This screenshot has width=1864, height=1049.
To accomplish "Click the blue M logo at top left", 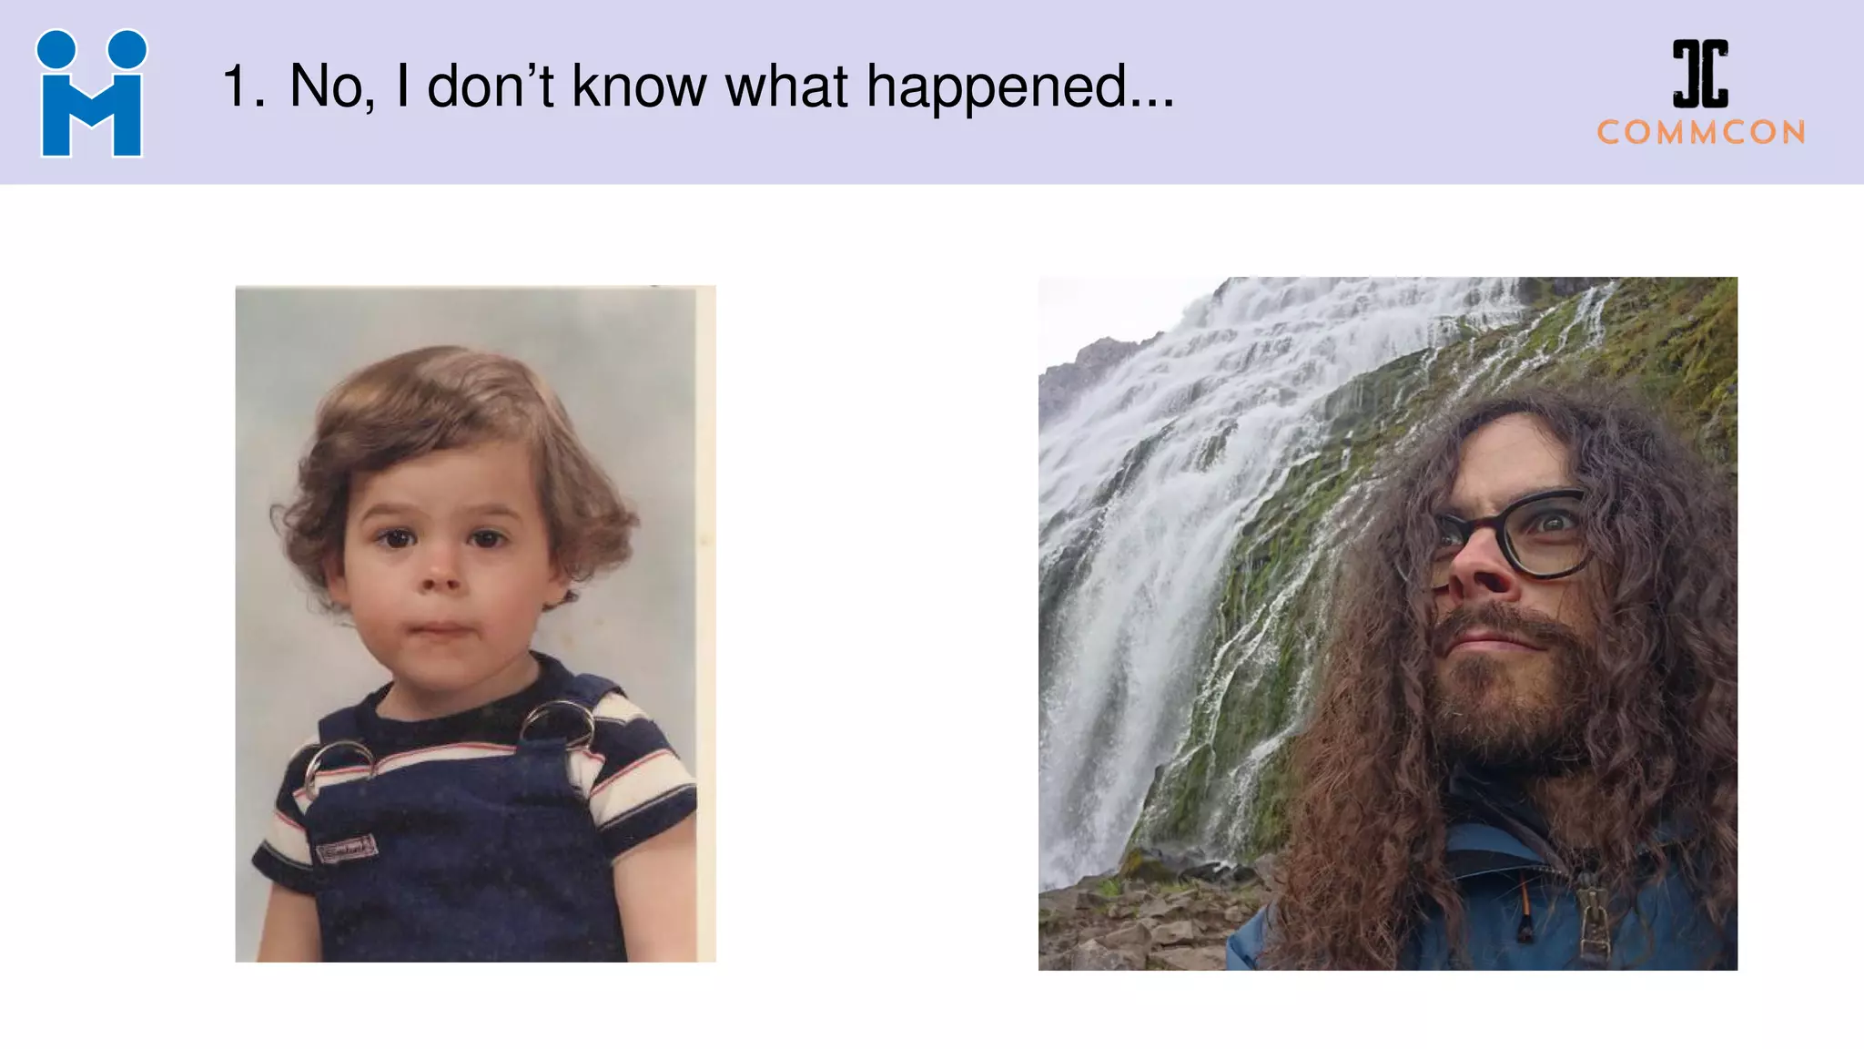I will (x=91, y=95).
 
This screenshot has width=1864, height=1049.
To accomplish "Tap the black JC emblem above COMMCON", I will (x=1699, y=73).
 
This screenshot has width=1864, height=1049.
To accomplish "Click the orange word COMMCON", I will (x=1701, y=133).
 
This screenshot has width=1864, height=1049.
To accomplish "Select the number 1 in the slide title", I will (x=238, y=87).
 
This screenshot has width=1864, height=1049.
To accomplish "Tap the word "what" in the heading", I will (x=785, y=87).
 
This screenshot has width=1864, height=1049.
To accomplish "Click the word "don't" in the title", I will (x=490, y=87).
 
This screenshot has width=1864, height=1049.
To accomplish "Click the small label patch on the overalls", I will (x=346, y=850).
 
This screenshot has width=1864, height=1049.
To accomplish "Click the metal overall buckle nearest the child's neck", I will (x=558, y=721).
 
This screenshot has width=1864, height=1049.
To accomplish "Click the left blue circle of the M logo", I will (x=56, y=49).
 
